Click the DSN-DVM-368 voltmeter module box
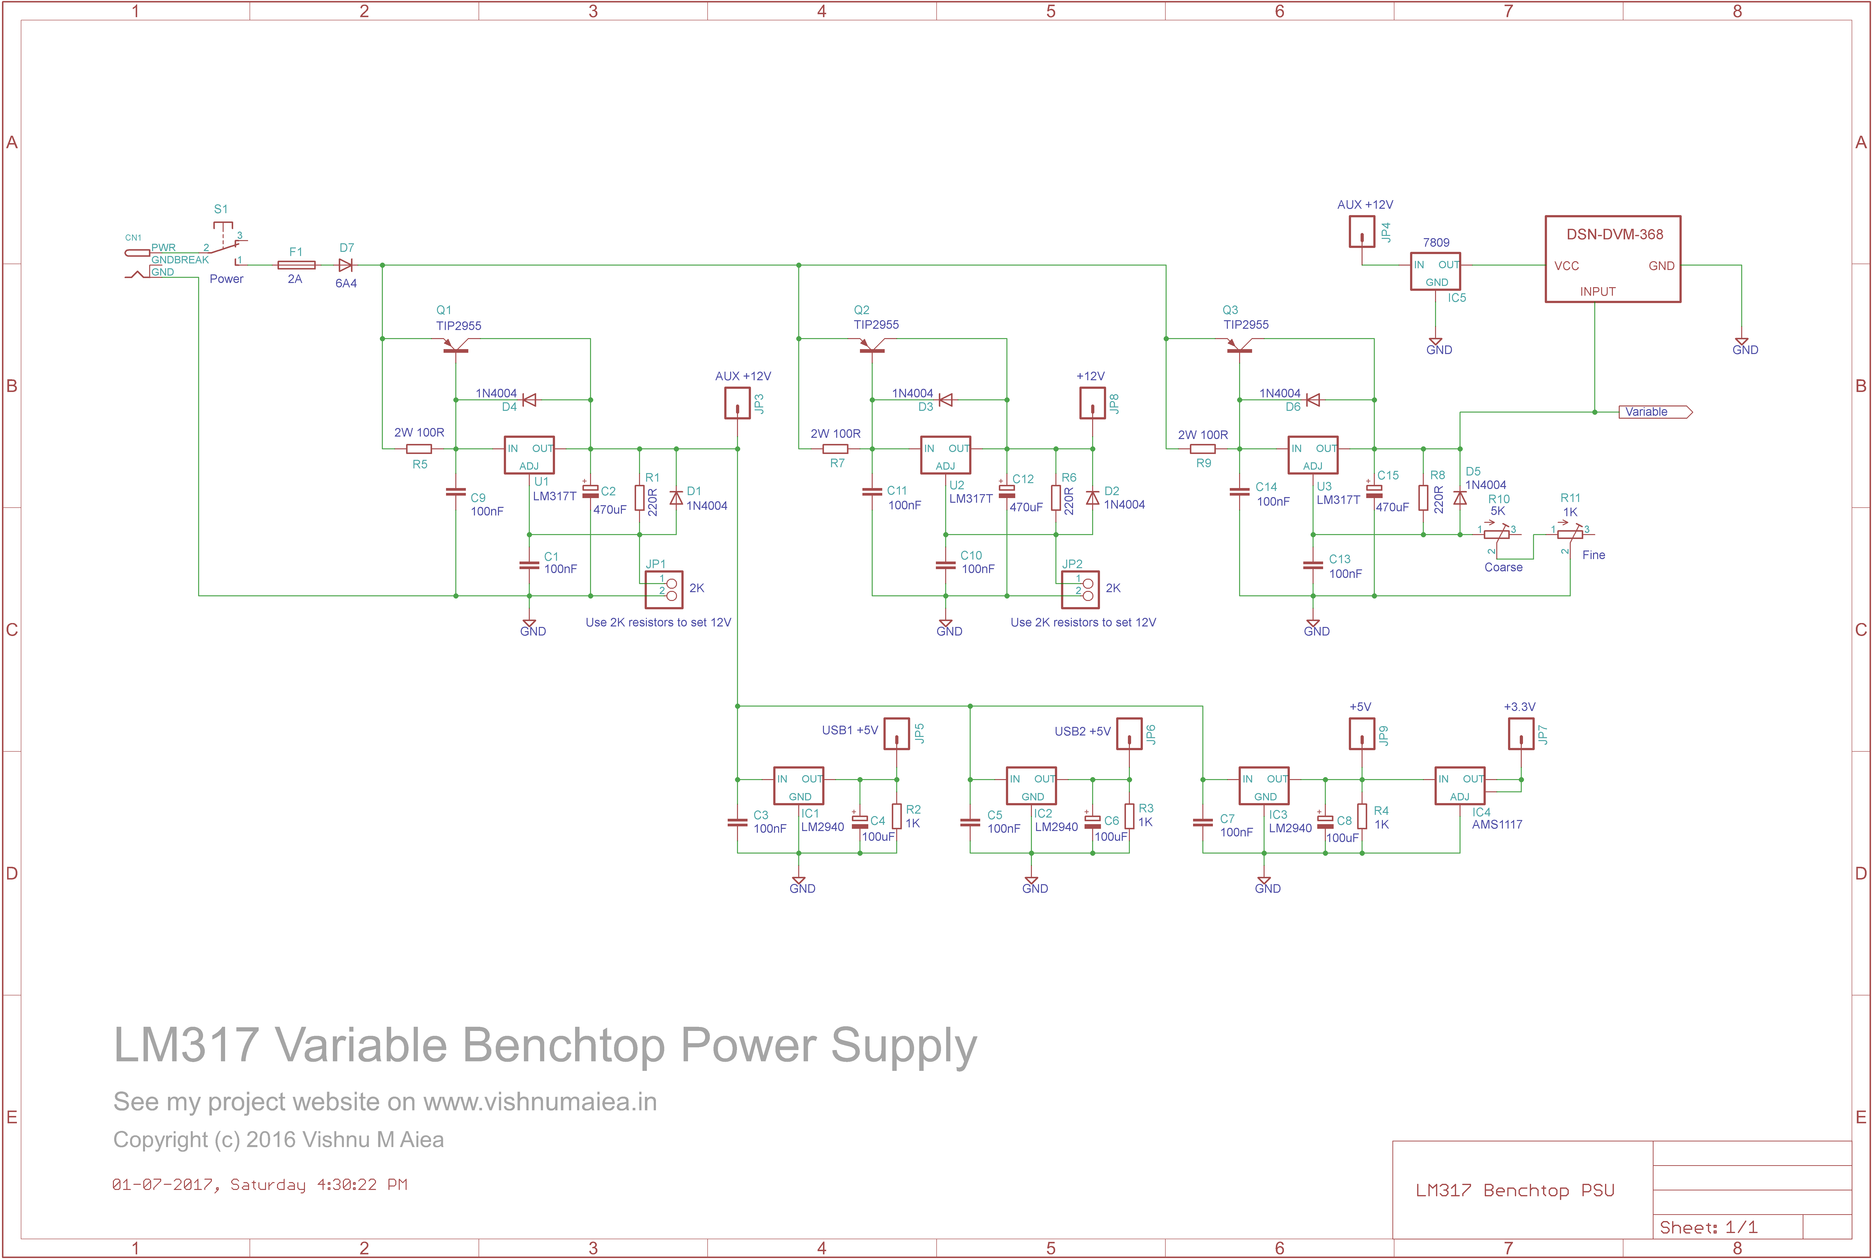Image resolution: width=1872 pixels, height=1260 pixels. tap(1612, 259)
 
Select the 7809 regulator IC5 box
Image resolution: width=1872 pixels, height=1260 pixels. tap(1435, 272)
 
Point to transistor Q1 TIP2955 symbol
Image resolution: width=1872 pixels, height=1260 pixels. tap(456, 345)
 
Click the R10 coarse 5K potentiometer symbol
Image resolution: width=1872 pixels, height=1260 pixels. tap(1496, 534)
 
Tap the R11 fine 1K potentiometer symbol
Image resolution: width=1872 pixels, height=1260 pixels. tap(1569, 534)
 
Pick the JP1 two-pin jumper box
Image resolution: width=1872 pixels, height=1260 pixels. tap(664, 589)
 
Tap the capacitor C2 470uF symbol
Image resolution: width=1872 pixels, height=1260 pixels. tap(591, 491)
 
